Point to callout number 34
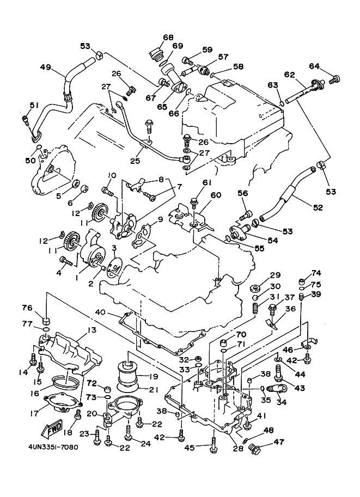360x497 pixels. coord(282,402)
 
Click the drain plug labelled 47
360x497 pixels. coord(253,449)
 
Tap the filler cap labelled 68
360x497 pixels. coord(156,54)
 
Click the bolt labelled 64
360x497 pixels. coord(335,79)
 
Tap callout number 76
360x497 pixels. coord(42,308)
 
